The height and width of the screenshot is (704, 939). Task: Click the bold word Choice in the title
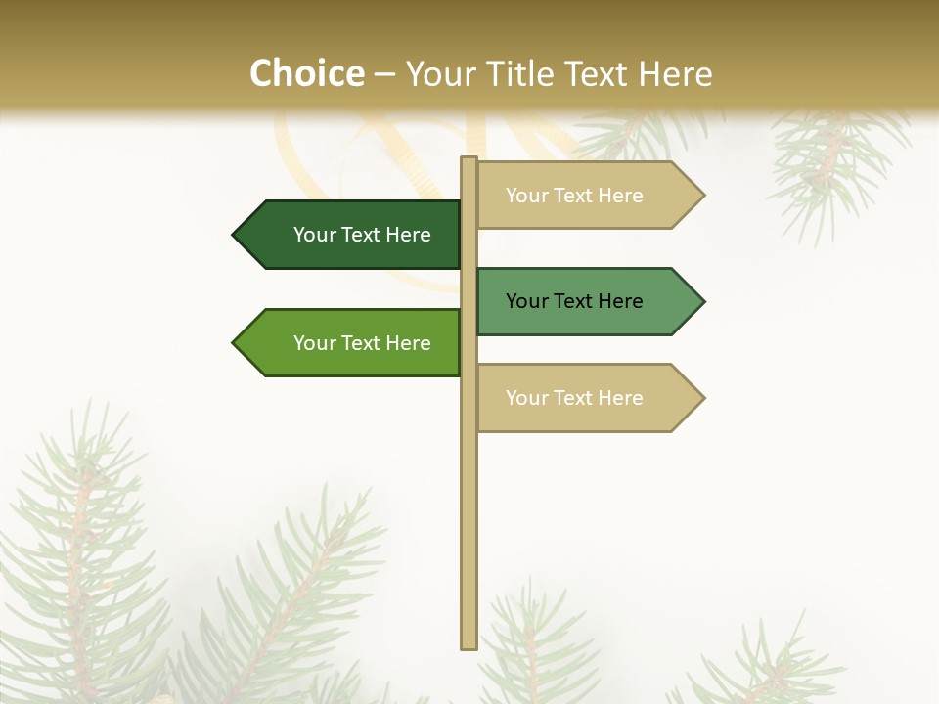click(306, 73)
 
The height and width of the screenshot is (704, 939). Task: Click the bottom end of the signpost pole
click(469, 645)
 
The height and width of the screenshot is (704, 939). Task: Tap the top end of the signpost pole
click(469, 159)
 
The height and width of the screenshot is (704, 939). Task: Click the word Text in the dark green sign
click(362, 235)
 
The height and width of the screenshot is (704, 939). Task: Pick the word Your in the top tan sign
click(527, 196)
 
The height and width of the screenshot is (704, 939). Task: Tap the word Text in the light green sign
click(362, 343)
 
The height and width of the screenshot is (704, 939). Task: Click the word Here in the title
click(676, 74)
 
